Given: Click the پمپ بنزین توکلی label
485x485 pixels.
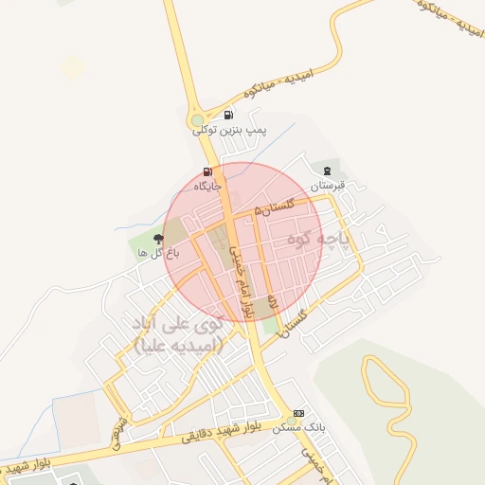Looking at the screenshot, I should click(x=231, y=129).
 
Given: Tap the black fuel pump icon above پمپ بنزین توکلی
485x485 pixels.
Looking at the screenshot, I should click(x=228, y=116).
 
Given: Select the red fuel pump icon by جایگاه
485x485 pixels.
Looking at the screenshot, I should click(x=207, y=172).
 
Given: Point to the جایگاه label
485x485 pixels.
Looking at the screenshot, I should click(x=207, y=186).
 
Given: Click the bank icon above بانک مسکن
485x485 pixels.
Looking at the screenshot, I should click(x=298, y=414).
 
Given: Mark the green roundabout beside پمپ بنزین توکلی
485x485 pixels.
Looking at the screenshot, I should click(x=198, y=121).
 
